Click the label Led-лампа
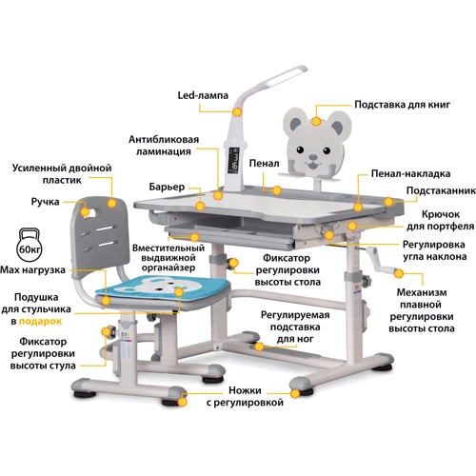coord(203,95)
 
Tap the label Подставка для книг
coord(403,105)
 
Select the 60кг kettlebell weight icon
coord(30,246)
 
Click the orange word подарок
coord(40,322)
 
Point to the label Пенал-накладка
coord(410,173)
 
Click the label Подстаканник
coord(441,190)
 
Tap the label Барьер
coord(167,187)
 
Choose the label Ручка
coord(45,202)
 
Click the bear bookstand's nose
coord(313,157)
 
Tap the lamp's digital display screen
coord(235,160)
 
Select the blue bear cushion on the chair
coord(162,287)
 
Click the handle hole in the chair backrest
coord(89,212)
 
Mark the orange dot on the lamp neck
coord(237,111)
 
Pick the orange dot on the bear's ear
coord(316,121)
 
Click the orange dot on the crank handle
coord(399,273)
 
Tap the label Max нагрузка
coord(32,270)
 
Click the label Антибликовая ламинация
coord(164,146)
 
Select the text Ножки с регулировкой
coord(245,396)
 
